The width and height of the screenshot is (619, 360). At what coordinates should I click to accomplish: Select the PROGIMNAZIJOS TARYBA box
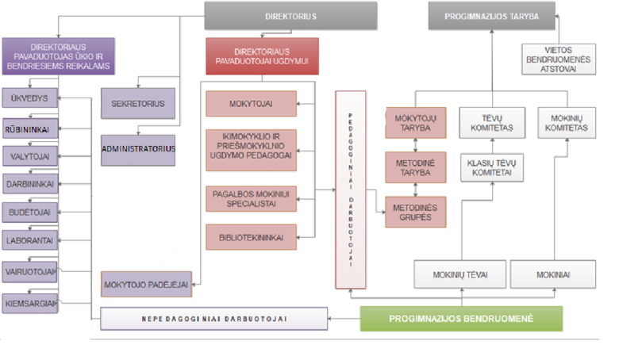491,16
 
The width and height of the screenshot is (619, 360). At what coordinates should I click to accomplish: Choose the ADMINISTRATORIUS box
137,148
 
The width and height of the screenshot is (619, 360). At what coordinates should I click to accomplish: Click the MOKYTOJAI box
251,103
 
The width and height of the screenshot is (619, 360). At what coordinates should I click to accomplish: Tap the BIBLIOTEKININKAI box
251,236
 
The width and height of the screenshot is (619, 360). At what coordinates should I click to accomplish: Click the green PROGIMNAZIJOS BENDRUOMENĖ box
461,319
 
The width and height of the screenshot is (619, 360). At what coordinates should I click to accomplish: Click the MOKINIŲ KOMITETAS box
567,122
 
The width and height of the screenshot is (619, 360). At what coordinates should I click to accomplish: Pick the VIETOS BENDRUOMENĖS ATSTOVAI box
559,59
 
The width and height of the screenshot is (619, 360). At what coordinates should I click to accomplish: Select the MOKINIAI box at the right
552,274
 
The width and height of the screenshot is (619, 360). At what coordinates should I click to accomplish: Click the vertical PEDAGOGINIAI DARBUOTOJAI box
350,190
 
